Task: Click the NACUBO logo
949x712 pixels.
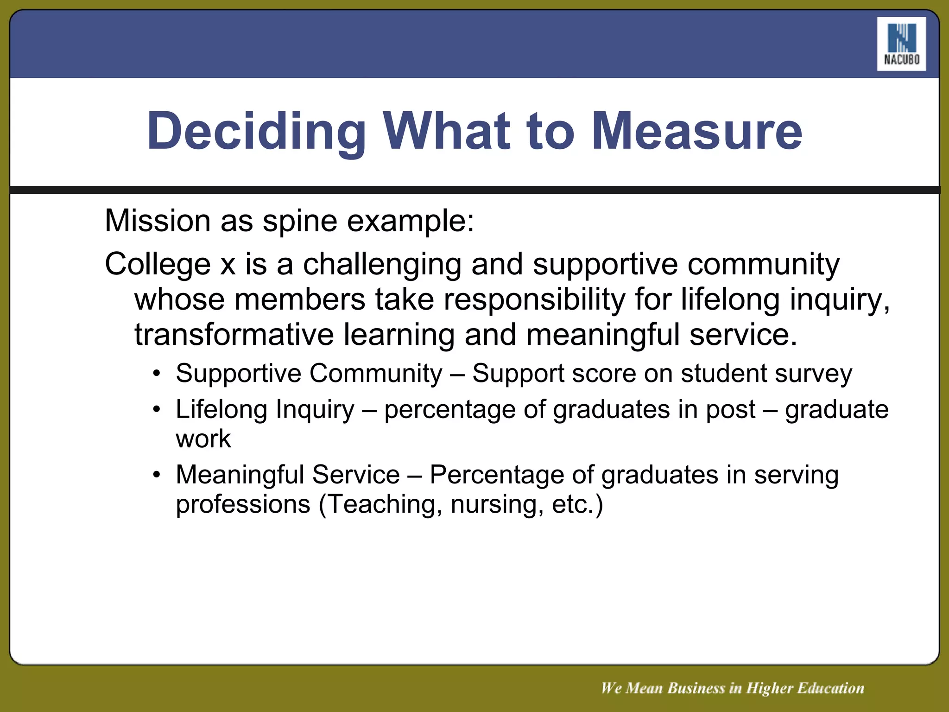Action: [901, 44]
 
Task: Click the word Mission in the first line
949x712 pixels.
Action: [158, 221]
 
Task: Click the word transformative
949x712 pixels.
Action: [234, 335]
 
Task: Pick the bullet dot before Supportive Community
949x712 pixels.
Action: [157, 374]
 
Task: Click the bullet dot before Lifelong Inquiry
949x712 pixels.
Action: [157, 410]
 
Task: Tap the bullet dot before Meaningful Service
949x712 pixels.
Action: [157, 475]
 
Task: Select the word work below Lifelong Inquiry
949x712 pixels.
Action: [203, 439]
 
